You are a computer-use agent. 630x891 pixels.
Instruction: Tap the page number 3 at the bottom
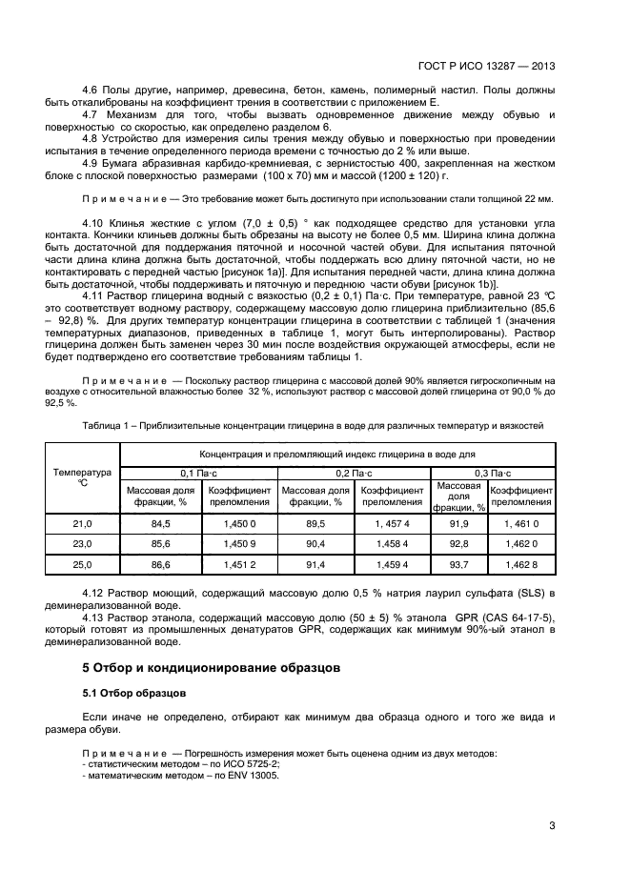click(x=552, y=825)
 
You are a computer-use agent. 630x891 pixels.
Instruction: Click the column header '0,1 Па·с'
click(x=198, y=473)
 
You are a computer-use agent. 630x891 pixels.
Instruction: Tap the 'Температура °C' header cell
click(x=82, y=477)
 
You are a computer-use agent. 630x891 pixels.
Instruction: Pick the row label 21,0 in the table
click(x=82, y=524)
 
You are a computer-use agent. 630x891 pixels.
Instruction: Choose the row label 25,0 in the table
click(x=82, y=565)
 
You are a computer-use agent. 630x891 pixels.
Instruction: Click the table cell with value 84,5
click(x=160, y=524)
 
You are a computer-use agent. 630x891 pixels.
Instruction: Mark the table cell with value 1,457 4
click(x=393, y=524)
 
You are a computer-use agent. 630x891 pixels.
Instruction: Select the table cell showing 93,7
click(x=459, y=565)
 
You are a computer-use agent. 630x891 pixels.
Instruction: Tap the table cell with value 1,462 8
click(x=520, y=565)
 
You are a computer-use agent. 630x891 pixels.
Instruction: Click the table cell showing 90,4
click(x=315, y=544)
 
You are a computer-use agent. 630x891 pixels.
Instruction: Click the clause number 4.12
click(x=94, y=594)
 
